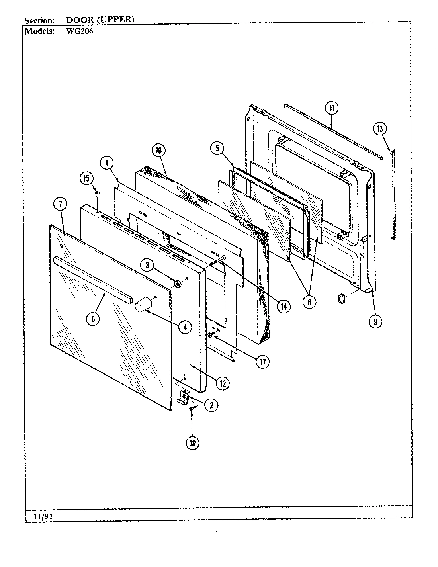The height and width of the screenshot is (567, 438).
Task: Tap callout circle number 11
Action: (x=332, y=108)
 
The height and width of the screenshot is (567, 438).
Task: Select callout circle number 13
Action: (x=380, y=128)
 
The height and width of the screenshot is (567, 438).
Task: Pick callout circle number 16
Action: (x=158, y=150)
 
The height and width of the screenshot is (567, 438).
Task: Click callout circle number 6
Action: (x=309, y=301)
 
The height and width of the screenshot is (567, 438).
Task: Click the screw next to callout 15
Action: (x=97, y=194)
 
